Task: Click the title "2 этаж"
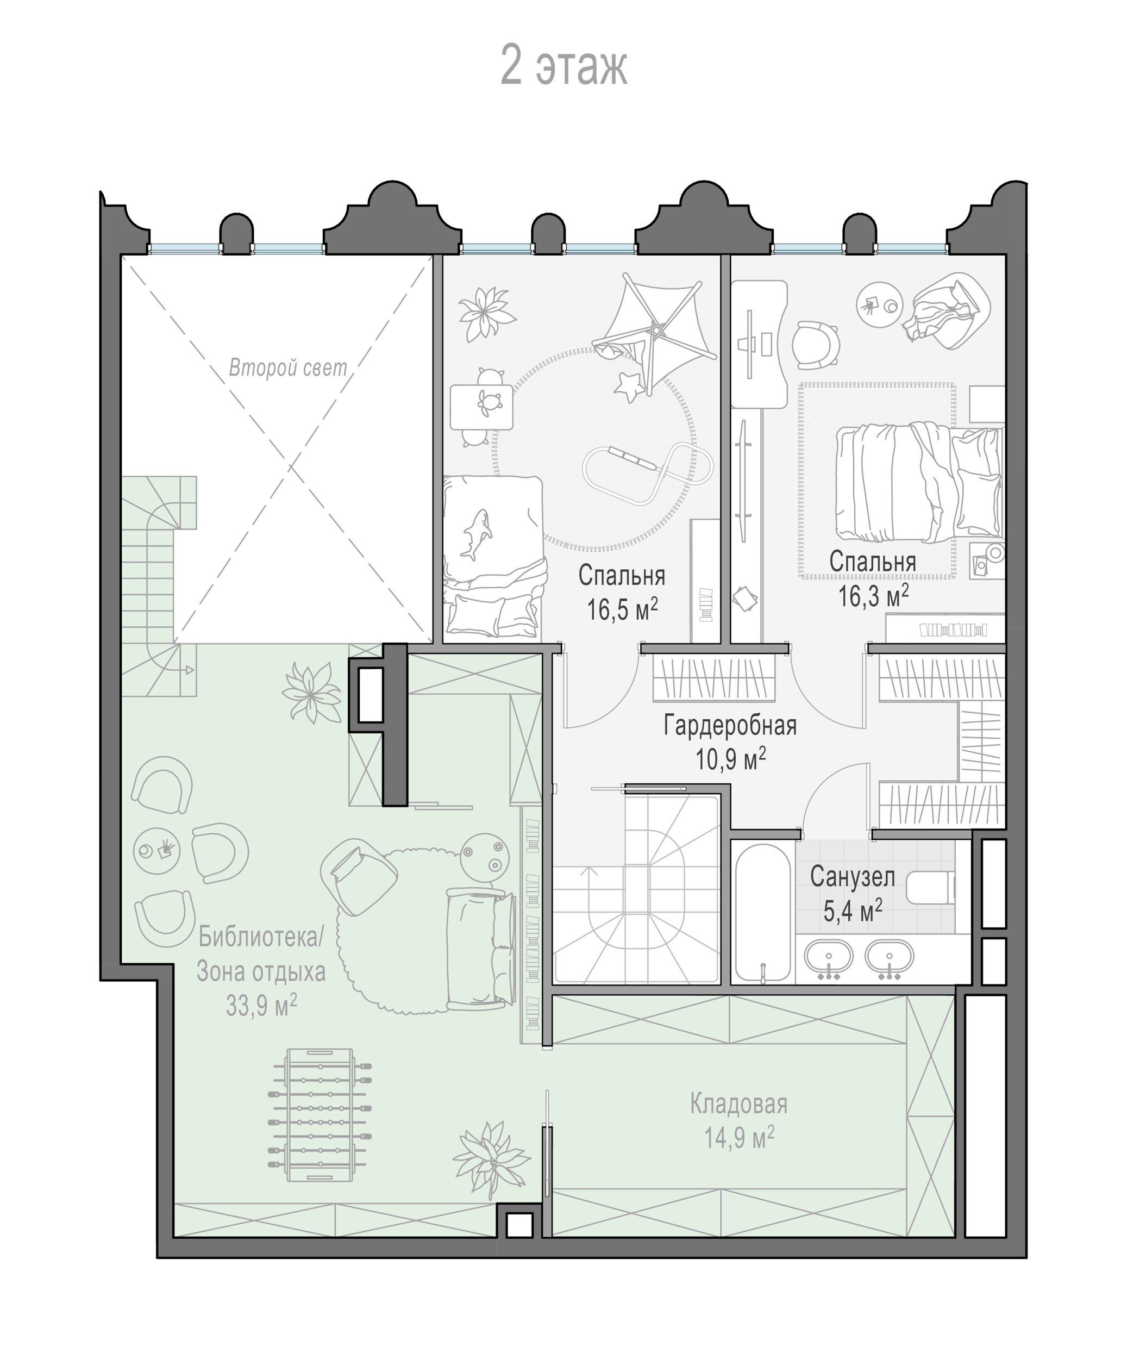click(x=563, y=66)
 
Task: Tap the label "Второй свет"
click(x=288, y=367)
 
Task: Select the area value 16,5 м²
click(x=622, y=609)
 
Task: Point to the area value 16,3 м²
click(x=873, y=595)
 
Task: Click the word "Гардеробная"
click(x=730, y=726)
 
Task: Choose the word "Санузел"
click(x=852, y=877)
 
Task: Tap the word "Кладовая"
click(x=739, y=1104)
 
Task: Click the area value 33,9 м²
click(x=261, y=1005)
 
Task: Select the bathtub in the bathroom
click(x=764, y=913)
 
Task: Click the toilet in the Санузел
click(x=930, y=887)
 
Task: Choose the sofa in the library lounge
click(x=481, y=949)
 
